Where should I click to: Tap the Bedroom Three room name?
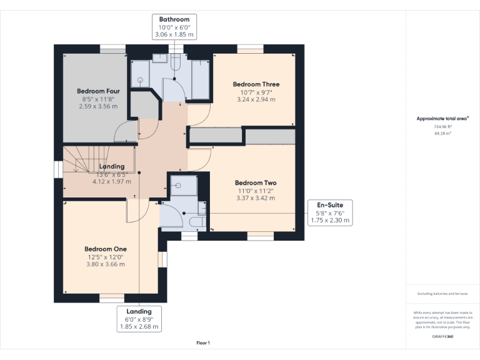[256, 84]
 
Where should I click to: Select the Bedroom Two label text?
[255, 183]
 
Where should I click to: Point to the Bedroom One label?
[106, 249]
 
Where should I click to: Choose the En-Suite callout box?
[330, 212]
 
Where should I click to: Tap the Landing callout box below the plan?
[139, 319]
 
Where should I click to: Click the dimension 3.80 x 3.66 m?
[106, 264]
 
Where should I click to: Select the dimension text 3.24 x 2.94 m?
[256, 99]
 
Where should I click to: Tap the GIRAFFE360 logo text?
[442, 337]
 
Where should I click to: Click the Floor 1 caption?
[203, 342]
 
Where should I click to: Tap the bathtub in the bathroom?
[200, 80]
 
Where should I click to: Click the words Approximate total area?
[441, 118]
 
